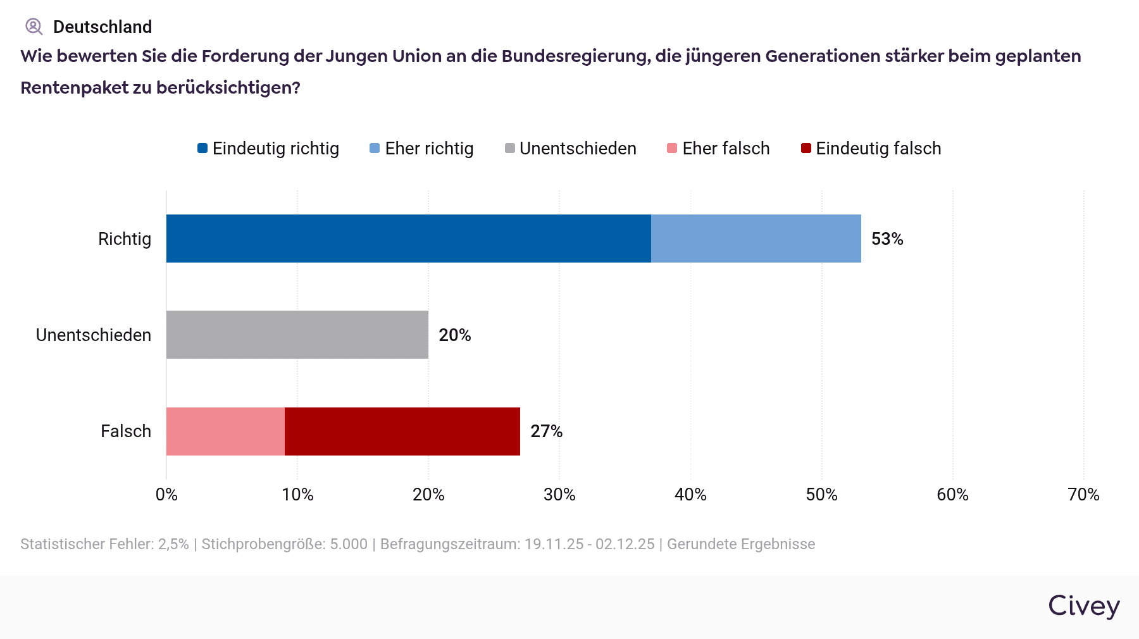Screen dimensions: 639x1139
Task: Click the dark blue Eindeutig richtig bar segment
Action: pyautogui.click(x=408, y=239)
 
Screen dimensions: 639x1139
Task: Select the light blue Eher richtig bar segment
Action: pyautogui.click(x=756, y=239)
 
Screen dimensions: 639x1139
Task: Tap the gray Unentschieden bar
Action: pyautogui.click(x=297, y=335)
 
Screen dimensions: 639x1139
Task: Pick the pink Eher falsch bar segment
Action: pyautogui.click(x=225, y=431)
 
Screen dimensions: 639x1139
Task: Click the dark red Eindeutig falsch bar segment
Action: pyautogui.click(x=402, y=431)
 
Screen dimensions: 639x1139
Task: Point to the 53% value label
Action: pyautogui.click(x=887, y=239)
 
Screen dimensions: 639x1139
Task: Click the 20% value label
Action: pyautogui.click(x=455, y=335)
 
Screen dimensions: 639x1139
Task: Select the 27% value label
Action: pyautogui.click(x=546, y=431)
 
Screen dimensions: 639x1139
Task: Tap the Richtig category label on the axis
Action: pyautogui.click(x=125, y=239)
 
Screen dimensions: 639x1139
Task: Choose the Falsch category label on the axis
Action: pyautogui.click(x=126, y=431)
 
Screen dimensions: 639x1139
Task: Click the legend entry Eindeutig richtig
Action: pyautogui.click(x=268, y=149)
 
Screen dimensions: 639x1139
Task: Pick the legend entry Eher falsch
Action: pyautogui.click(x=719, y=149)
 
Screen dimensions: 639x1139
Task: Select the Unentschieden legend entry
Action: pyautogui.click(x=571, y=149)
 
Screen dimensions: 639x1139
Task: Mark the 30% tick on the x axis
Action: pyautogui.click(x=559, y=495)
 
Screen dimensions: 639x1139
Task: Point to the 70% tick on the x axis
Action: pyautogui.click(x=1083, y=495)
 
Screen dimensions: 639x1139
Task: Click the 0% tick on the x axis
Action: pyautogui.click(x=166, y=495)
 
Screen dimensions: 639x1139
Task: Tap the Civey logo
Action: pyautogui.click(x=1084, y=606)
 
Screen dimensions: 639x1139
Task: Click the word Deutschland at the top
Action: pyautogui.click(x=103, y=27)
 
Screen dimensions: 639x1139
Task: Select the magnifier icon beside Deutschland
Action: pyautogui.click(x=34, y=27)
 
